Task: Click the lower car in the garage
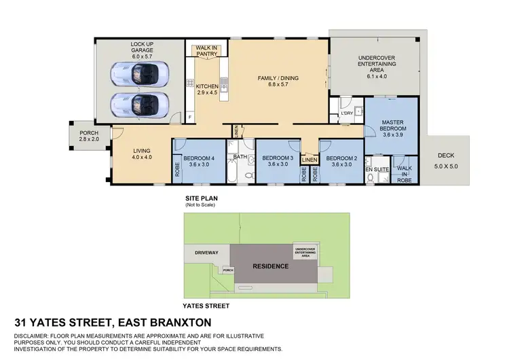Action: pos(140,104)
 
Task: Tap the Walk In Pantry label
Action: pos(207,51)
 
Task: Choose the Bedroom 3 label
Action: pos(278,160)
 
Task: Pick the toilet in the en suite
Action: pos(371,179)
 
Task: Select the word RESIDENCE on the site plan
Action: pos(271,266)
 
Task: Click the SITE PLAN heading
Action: pos(200,198)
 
